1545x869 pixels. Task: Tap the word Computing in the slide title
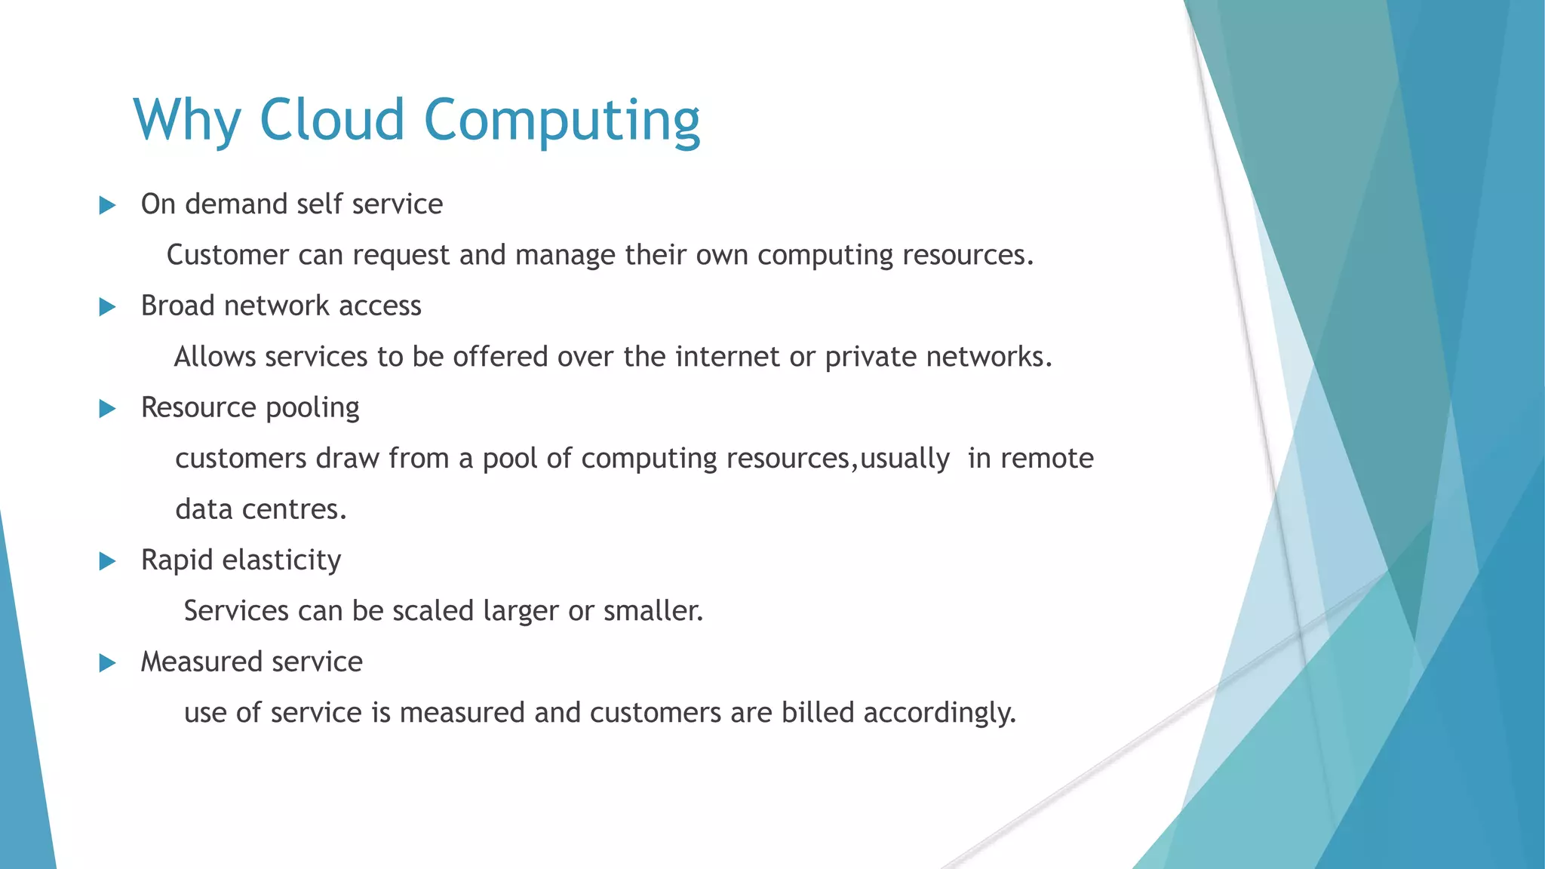562,121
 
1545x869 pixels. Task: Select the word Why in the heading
187,121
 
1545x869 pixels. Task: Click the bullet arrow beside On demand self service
107,205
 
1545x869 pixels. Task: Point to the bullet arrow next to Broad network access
107,307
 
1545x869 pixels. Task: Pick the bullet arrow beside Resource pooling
107,409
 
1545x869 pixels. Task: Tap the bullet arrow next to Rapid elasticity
107,561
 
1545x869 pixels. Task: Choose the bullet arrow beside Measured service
107,663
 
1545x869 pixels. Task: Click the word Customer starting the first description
227,255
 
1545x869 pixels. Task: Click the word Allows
215,357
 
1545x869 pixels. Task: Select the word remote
1046,459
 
